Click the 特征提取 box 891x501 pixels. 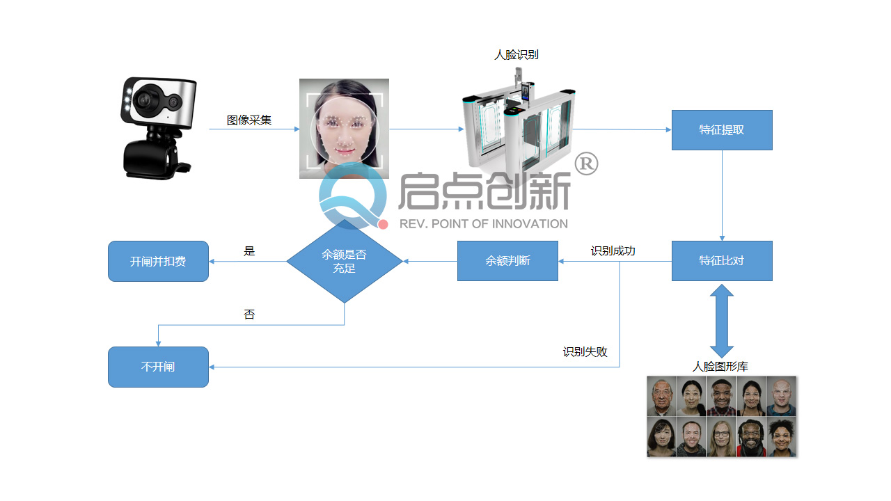(722, 130)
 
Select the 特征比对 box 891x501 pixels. (722, 261)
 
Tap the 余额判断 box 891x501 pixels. (507, 261)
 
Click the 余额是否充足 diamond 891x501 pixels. (345, 261)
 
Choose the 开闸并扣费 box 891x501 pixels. (158, 262)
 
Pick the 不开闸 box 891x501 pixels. (158, 367)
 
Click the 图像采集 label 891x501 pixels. (249, 120)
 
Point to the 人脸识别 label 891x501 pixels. (516, 55)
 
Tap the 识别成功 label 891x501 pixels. (613, 250)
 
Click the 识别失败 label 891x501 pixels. (585, 352)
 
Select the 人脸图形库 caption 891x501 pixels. (720, 367)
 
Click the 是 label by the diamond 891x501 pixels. (249, 251)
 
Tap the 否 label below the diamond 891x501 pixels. (249, 315)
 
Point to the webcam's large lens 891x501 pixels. (147, 100)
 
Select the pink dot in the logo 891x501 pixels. (383, 224)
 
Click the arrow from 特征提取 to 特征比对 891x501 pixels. (722, 195)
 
